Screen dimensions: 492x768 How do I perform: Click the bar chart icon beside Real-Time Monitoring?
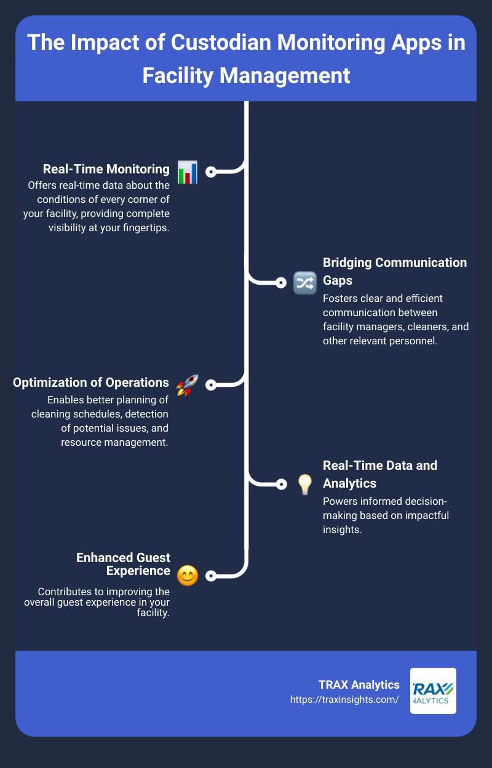coord(188,172)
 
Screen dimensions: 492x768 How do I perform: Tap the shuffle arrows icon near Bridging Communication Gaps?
coord(305,283)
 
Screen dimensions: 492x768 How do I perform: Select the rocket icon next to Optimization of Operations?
coord(187,385)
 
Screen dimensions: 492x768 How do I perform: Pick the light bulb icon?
coord(305,485)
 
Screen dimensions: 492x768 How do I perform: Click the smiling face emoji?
coord(188,576)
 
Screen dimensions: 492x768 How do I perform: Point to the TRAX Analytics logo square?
coord(433,691)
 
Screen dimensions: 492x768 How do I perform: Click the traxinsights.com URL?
coord(344,699)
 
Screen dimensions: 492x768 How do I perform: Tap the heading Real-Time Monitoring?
coord(106,169)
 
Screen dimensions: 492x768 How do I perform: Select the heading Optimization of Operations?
coord(91,382)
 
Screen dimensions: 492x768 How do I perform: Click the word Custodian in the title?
coord(221,42)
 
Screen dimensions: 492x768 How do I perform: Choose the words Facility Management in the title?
coord(246,76)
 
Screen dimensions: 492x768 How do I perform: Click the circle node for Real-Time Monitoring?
coord(211,172)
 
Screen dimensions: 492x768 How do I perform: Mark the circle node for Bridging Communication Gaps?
coord(281,283)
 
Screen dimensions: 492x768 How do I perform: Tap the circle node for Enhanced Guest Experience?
coord(211,576)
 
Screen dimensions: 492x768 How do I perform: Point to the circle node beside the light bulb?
coord(281,484)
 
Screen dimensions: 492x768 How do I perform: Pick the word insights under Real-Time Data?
coord(342,529)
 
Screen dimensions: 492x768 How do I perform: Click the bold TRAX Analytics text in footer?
coord(359,685)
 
